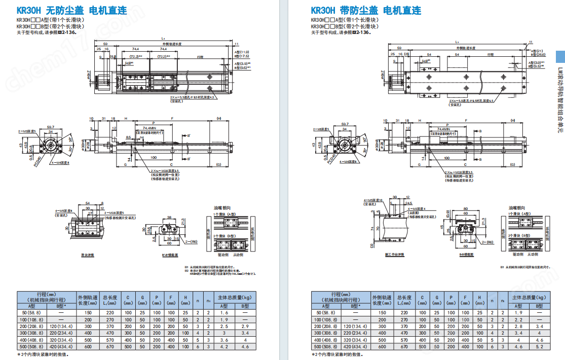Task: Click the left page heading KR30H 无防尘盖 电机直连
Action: click(72, 11)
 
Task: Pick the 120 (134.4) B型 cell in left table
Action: click(60, 327)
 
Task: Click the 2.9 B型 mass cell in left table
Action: click(245, 327)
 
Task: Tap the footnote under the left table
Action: click(43, 354)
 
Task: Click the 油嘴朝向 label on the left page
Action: click(218, 208)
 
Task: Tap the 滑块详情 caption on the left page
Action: click(88, 255)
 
